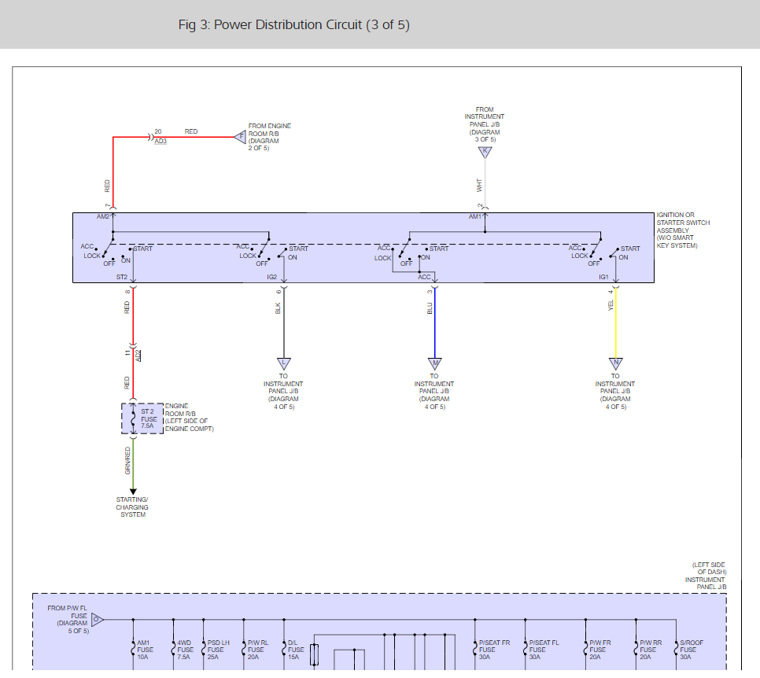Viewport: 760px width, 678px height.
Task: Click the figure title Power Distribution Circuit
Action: point(293,24)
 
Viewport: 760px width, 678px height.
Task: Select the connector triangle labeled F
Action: point(242,136)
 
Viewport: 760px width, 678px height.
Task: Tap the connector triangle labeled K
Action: point(485,152)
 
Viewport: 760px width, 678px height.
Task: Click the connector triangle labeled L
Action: point(283,363)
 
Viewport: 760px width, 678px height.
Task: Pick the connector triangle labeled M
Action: point(434,363)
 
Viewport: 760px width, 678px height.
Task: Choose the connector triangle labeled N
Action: point(615,363)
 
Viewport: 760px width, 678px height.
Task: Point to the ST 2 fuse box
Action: point(142,418)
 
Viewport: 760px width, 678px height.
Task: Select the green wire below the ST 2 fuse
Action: point(133,464)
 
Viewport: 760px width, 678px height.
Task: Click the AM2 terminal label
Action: point(103,216)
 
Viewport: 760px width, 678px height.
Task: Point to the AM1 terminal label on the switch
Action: point(475,216)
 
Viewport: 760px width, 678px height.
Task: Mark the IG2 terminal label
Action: point(272,277)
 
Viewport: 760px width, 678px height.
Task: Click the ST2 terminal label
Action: point(122,277)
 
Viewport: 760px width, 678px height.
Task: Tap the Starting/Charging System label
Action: point(133,507)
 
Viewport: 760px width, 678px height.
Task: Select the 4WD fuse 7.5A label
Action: point(184,650)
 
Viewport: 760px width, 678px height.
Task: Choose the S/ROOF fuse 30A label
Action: point(691,650)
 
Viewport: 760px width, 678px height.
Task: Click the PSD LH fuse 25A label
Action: point(218,650)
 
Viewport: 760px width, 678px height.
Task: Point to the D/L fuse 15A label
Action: point(296,650)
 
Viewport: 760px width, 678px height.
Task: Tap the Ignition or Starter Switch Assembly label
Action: point(683,230)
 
